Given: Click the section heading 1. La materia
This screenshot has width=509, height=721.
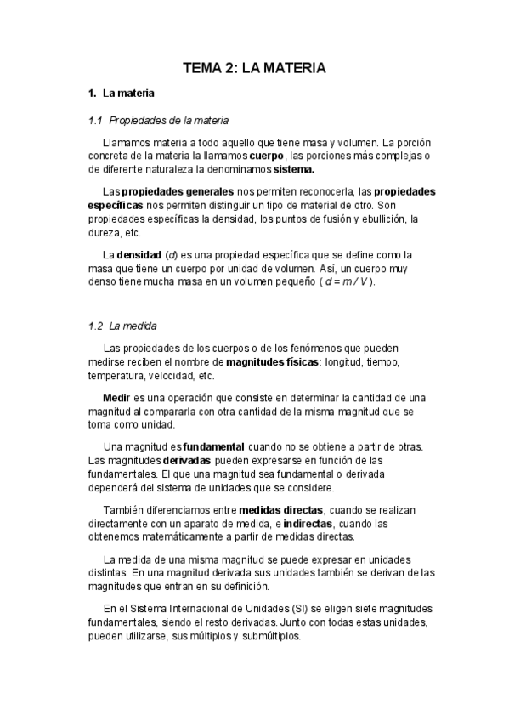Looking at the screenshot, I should click(122, 93).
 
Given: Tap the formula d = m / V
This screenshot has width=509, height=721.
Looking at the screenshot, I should click(347, 281).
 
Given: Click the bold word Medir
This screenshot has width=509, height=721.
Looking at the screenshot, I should click(116, 398).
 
